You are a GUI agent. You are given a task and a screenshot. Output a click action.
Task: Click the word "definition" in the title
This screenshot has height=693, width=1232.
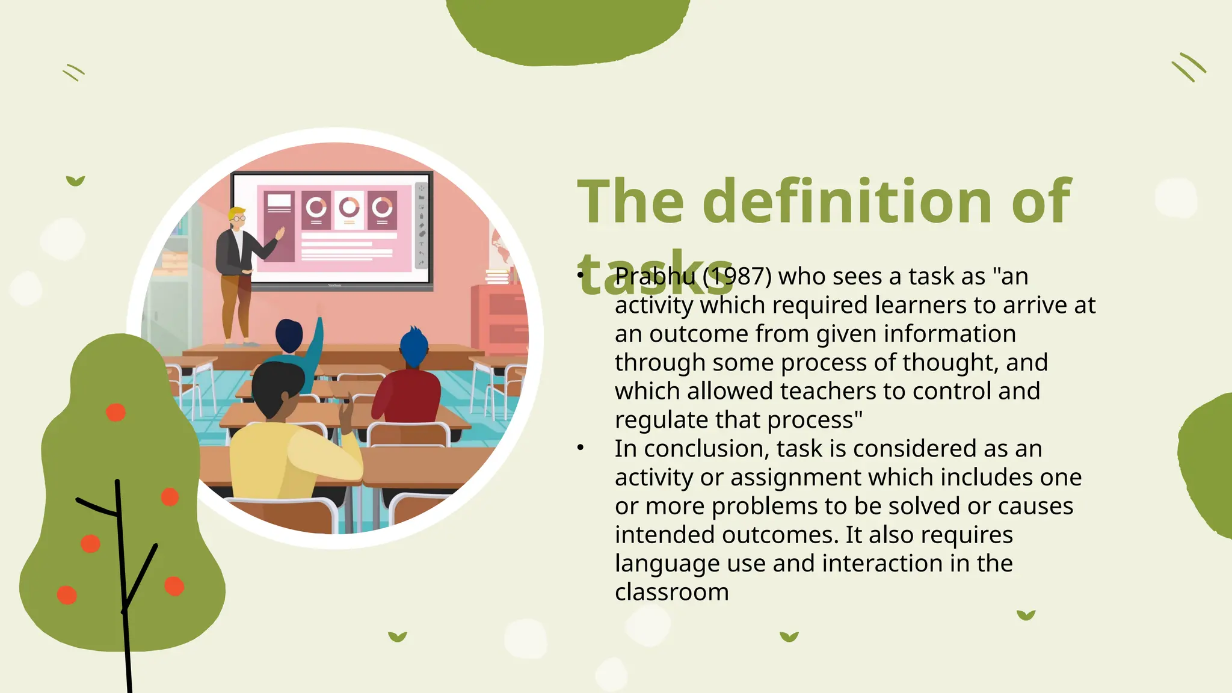pyautogui.click(x=847, y=201)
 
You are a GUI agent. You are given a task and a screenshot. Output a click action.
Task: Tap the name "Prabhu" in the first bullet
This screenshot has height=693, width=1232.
pyautogui.click(x=654, y=277)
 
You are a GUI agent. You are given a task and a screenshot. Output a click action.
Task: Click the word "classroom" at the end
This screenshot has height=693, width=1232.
pyautogui.click(x=671, y=593)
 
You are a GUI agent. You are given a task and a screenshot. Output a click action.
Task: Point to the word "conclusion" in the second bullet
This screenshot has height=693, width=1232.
pyautogui.click(x=706, y=449)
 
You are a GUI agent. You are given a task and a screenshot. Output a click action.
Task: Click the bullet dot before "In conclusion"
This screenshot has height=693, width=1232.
pyautogui.click(x=581, y=448)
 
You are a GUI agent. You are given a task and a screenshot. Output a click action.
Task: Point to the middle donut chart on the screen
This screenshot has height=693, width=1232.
pyautogui.click(x=349, y=209)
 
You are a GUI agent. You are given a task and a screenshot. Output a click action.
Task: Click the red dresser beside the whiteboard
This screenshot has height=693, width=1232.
pyautogui.click(x=499, y=319)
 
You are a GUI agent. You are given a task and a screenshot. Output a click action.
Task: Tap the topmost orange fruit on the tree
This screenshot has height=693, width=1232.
pyautogui.click(x=115, y=413)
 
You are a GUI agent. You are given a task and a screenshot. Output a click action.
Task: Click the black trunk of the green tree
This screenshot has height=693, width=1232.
pyautogui.click(x=122, y=571)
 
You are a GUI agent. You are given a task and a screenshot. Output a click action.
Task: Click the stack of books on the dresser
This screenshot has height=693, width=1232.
pyautogui.click(x=497, y=277)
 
